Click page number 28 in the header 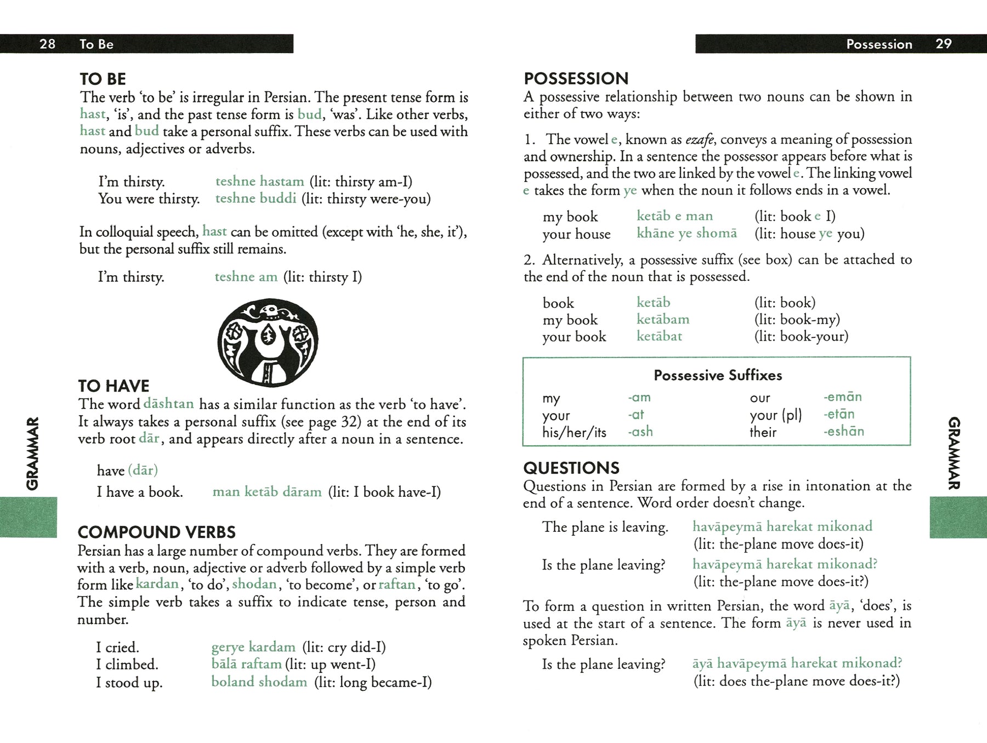pos(47,44)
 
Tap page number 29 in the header pos(943,44)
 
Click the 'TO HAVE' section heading pos(114,386)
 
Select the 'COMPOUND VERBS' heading pos(156,532)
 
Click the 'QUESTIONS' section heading pos(571,468)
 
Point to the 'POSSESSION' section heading pos(576,78)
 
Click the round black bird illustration pos(268,343)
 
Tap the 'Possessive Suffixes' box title pos(717,376)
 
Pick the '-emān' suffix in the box pos(842,397)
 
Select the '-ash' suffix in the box pos(640,432)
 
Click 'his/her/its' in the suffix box pos(574,433)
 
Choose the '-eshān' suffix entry pos(843,432)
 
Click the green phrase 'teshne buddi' pos(256,198)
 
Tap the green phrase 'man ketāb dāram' pos(266,492)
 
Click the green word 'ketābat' pos(659,336)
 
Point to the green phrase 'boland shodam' pos(259,682)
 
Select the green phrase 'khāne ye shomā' pos(687,234)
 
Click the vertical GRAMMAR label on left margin pos(33,453)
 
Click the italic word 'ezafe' pos(699,140)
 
